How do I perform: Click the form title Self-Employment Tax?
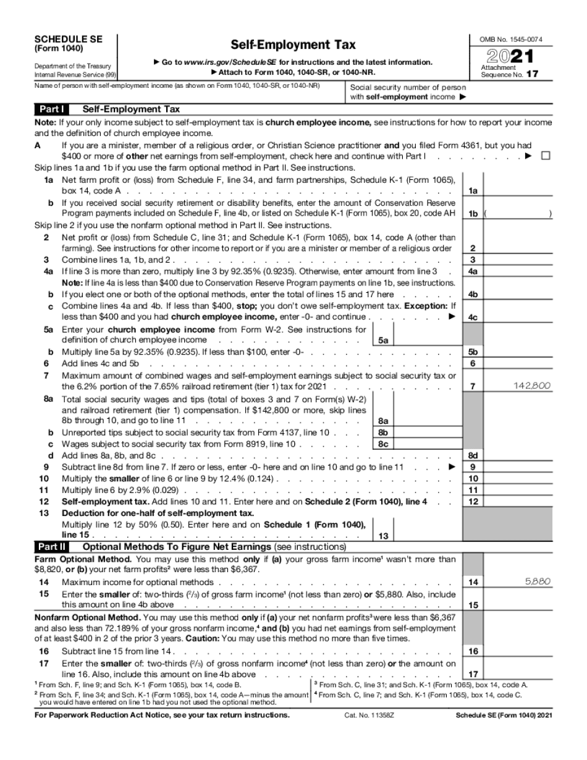(x=293, y=45)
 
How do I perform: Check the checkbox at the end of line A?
(x=545, y=156)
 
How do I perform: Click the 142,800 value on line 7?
(x=532, y=386)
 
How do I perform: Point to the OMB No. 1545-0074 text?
(x=511, y=40)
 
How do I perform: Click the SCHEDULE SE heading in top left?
(x=68, y=38)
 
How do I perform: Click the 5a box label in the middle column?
(x=383, y=340)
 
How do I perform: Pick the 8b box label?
(x=383, y=433)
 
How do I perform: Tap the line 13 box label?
(x=383, y=536)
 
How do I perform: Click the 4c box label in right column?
(x=473, y=318)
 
